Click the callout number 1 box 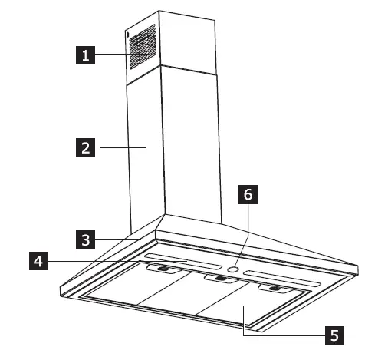85,55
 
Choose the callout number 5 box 331,335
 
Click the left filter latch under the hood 162,269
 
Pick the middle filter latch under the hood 217,279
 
